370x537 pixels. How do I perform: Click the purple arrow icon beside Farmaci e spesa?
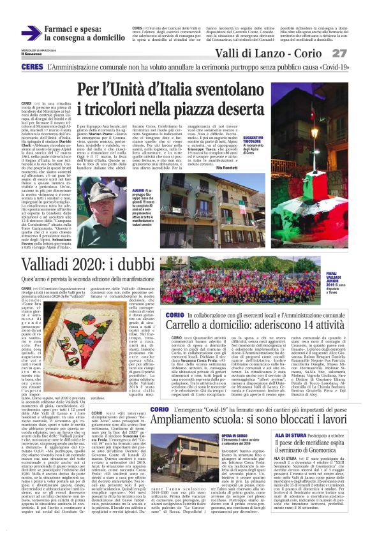(x=30, y=33)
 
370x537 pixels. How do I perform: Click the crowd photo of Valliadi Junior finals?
(x=242, y=281)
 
